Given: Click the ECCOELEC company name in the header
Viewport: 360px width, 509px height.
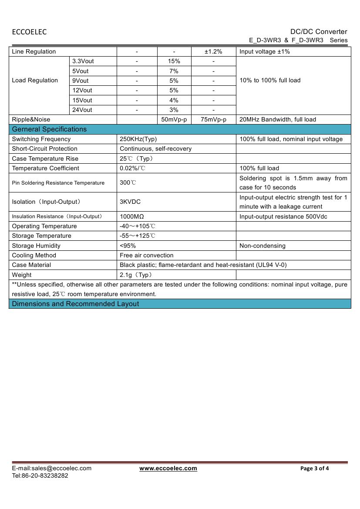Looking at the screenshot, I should point(29,32).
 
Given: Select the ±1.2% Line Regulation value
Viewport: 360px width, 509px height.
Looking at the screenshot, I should point(213,52).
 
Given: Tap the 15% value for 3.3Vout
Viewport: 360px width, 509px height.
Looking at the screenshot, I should point(174,61).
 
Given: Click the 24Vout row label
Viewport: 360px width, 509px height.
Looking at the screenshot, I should point(82,110).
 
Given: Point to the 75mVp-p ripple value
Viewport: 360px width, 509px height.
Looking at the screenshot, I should point(213,120).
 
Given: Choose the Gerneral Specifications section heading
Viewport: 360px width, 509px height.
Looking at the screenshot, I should point(49,129).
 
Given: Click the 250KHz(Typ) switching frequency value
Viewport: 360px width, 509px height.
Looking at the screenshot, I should point(138,139).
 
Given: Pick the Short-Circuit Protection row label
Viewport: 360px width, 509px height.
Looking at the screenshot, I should point(44,149).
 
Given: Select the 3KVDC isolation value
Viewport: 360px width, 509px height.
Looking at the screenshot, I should point(130,202).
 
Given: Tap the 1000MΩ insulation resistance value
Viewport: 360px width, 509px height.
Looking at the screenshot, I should point(132,217).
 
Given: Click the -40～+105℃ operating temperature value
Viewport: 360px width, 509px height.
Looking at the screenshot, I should point(138,226).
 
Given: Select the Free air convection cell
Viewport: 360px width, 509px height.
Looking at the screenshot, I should point(146,256).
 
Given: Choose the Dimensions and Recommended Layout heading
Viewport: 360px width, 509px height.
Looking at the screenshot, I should point(75,304).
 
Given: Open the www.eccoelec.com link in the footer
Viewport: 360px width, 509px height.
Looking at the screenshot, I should point(168,469).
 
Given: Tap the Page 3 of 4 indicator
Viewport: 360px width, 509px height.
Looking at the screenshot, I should point(315,469).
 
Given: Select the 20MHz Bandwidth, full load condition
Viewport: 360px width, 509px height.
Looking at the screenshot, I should point(278,120).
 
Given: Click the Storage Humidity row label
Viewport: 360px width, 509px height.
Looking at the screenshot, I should point(36,246).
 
